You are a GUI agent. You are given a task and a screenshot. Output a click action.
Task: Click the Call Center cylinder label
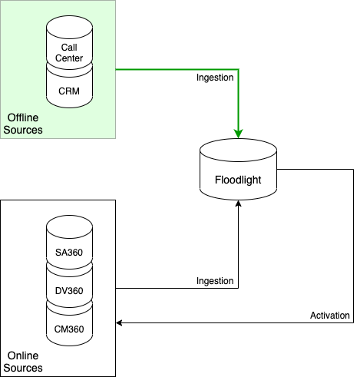[x=69, y=53]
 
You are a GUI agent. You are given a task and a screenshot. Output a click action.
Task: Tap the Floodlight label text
[x=238, y=180]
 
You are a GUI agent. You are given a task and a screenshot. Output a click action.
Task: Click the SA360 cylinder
[x=69, y=242]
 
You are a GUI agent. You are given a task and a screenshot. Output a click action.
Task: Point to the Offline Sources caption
[x=23, y=124]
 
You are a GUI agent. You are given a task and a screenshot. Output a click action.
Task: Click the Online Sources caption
[x=23, y=362]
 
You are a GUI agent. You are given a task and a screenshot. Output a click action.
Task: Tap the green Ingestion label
[x=215, y=78]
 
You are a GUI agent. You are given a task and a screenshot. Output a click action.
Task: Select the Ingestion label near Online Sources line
[x=215, y=281]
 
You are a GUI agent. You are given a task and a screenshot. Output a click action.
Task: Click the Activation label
[x=330, y=316]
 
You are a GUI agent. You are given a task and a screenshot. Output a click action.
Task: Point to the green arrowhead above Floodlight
[x=238, y=134]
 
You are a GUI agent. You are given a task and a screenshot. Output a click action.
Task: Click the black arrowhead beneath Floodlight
[x=238, y=203]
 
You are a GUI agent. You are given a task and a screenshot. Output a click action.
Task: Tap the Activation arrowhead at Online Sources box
[x=119, y=322]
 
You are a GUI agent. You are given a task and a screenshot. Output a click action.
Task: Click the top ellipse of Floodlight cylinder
[x=238, y=150]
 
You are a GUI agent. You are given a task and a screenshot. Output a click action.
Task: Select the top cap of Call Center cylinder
[x=69, y=28]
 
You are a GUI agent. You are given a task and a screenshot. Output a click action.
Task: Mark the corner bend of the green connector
[x=239, y=69]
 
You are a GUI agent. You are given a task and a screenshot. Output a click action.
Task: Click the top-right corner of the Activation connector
[x=353, y=169]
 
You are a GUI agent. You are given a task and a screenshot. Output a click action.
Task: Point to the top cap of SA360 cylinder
[x=69, y=227]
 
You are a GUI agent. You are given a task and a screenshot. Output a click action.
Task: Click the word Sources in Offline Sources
[x=23, y=130]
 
